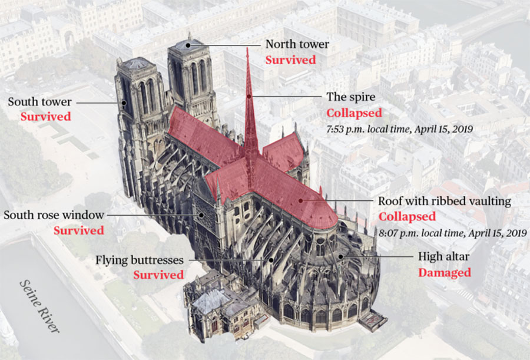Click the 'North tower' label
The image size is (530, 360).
(297, 44)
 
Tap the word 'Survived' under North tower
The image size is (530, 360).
(290, 60)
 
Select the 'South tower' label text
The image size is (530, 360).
(39, 102)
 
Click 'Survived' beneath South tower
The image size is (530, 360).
(45, 117)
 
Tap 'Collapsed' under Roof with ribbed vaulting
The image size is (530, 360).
(407, 217)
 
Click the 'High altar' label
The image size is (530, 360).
(445, 257)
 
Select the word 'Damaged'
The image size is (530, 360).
(444, 273)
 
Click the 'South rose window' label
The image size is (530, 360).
(54, 214)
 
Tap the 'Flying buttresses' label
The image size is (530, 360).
(140, 260)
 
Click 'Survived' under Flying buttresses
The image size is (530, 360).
(158, 275)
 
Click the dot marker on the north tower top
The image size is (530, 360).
(188, 44)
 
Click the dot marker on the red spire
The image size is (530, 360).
(249, 96)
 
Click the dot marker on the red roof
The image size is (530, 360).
(300, 201)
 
